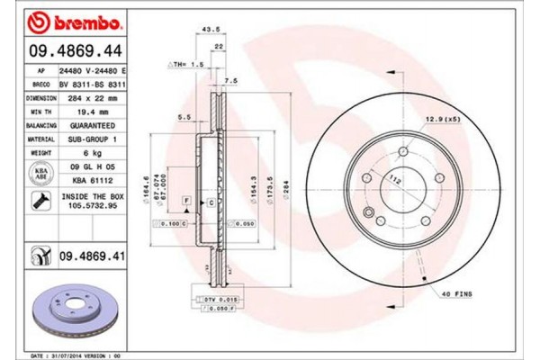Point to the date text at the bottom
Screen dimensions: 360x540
pyautogui.click(x=76, y=355)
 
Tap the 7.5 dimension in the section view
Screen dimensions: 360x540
pyautogui.click(x=231, y=80)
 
